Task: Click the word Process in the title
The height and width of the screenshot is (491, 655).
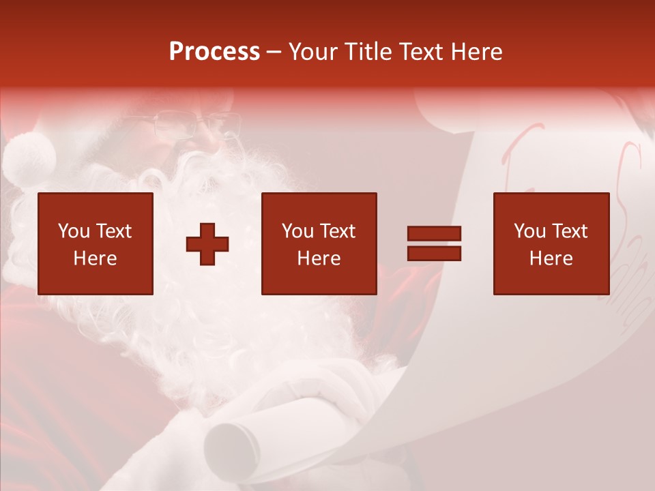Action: [x=214, y=52]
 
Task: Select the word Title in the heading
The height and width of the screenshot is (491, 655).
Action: [x=368, y=52]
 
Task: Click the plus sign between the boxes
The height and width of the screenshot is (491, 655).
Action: [x=207, y=244]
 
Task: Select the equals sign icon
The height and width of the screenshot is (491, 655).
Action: [x=434, y=243]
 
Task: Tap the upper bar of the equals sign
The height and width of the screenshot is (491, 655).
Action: [x=434, y=234]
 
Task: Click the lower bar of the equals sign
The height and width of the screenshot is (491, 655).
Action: [x=434, y=253]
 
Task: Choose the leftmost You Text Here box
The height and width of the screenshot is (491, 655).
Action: [x=96, y=243]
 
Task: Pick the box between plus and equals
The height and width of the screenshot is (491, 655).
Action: [x=319, y=243]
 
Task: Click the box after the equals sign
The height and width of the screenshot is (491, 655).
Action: [x=551, y=243]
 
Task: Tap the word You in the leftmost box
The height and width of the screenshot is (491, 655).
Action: [x=74, y=231]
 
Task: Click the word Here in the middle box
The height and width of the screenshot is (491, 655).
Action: [x=319, y=258]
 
